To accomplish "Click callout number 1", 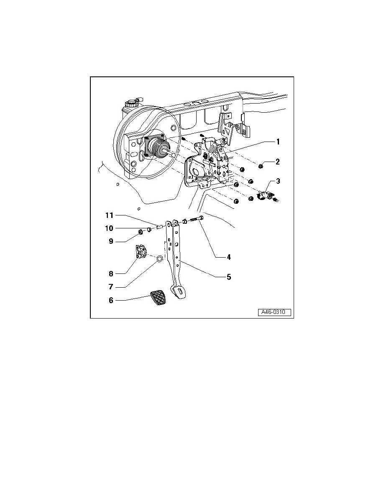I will [x=277, y=142].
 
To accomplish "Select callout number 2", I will [x=277, y=161].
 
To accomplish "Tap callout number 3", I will [x=277, y=182].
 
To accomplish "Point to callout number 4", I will [x=228, y=258].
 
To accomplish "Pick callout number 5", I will [x=228, y=277].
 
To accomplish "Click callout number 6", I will [x=111, y=300].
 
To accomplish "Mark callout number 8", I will [x=111, y=274].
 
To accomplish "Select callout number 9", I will [x=111, y=241].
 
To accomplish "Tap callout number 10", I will [x=109, y=228].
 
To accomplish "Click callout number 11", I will [x=109, y=215].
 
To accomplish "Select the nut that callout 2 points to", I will [x=261, y=167].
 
